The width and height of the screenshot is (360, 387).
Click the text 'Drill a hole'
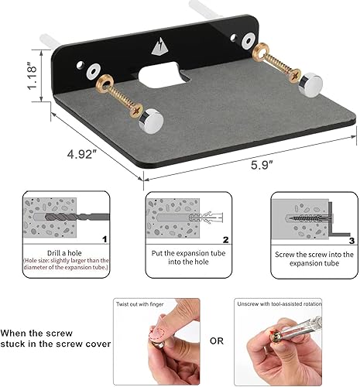tap(59, 252)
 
